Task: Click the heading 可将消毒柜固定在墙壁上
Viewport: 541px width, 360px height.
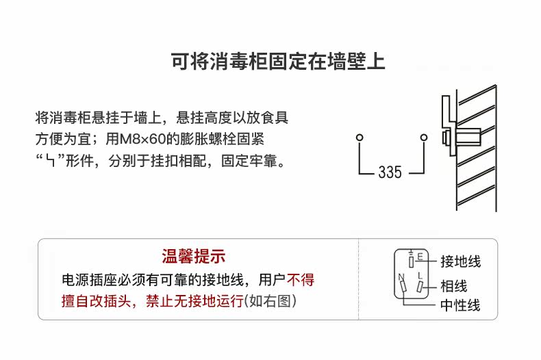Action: pos(277,62)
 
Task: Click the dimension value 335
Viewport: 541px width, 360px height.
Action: pos(390,172)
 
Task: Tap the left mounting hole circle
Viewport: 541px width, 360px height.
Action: pos(359,138)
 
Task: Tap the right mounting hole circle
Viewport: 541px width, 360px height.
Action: pos(424,138)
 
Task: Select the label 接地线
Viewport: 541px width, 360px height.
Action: pos(460,261)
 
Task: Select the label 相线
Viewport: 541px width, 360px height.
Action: pos(453,286)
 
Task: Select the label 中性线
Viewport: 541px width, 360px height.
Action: pos(460,305)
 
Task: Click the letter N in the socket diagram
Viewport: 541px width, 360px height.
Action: pos(401,277)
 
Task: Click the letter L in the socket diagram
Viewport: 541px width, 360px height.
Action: pos(420,275)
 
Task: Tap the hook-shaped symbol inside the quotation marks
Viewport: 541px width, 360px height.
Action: pos(50,163)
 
